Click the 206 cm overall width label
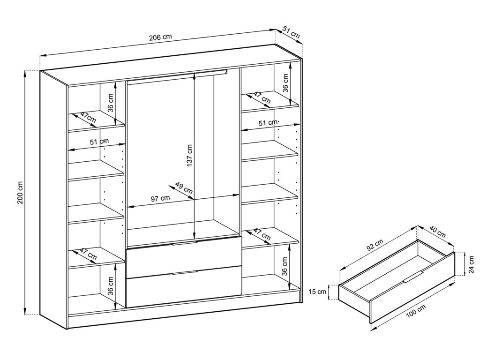pos(160,37)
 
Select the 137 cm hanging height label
pos(189,156)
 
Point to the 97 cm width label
pos(160,198)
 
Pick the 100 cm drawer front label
pos(416,312)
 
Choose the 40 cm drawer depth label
pos(437,232)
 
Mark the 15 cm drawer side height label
pos(317,292)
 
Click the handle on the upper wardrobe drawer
pos(184,243)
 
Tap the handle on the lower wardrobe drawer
pos(184,272)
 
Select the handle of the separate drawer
pos(413,277)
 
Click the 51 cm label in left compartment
pos(99,142)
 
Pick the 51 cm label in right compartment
pos(268,123)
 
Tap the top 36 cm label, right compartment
pos(285,83)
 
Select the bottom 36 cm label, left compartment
pos(111,285)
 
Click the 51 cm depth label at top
pos(291,32)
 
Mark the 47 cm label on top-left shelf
pos(88,118)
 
